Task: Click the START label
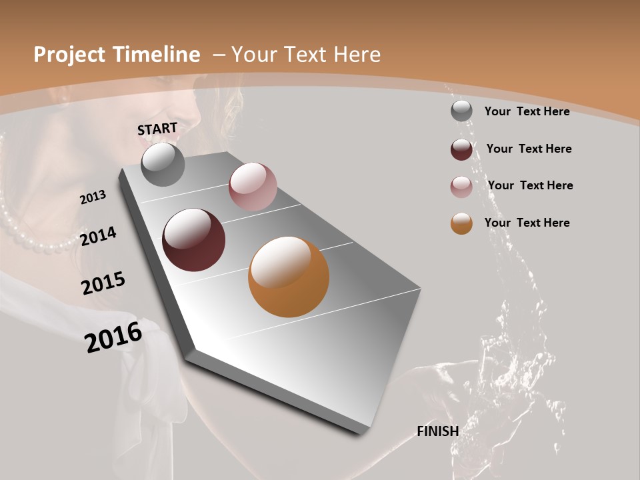(157, 128)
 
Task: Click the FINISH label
(437, 431)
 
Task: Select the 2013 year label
(93, 197)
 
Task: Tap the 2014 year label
(99, 236)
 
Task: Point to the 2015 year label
(103, 283)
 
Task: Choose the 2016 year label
(113, 337)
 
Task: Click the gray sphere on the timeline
(163, 164)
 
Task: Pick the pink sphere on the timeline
(253, 187)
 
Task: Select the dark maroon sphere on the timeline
(193, 240)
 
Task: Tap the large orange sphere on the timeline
(288, 277)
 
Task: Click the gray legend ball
(461, 111)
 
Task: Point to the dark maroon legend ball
(461, 149)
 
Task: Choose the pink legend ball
(461, 187)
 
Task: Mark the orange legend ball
(461, 223)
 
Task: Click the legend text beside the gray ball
(527, 111)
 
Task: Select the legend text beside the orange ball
(527, 223)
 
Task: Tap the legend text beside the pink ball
(530, 185)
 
